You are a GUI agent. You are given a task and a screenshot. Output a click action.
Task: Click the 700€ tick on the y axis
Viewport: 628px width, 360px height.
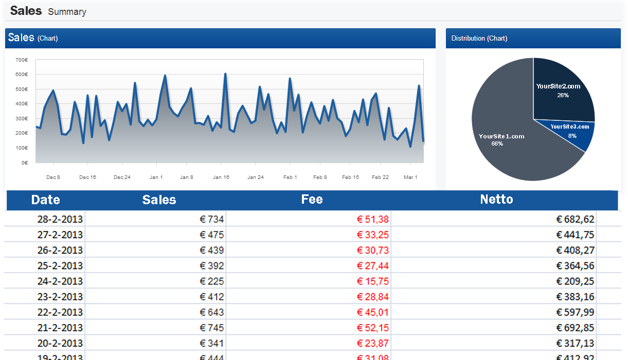point(22,60)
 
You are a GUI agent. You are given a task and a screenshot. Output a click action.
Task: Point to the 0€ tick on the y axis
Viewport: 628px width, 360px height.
point(25,163)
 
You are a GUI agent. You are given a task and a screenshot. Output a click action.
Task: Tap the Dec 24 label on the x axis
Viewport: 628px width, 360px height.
point(122,177)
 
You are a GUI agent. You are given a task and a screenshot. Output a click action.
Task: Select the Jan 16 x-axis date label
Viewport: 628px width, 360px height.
point(221,177)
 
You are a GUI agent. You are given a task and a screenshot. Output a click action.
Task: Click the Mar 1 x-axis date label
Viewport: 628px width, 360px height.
point(410,177)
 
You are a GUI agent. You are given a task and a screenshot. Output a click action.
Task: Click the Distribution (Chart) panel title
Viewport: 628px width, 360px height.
point(479,39)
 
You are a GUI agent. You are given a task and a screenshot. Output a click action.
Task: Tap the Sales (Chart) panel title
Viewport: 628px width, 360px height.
point(33,38)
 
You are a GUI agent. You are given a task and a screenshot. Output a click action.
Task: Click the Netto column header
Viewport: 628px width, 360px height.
point(496,200)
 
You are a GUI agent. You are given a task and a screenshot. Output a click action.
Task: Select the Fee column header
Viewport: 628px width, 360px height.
point(312,200)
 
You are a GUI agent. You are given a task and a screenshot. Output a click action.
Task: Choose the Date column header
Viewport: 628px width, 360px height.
point(45,200)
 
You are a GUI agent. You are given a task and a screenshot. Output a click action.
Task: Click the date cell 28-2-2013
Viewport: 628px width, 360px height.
point(60,220)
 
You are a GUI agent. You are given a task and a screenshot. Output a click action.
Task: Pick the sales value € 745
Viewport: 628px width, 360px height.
point(211,328)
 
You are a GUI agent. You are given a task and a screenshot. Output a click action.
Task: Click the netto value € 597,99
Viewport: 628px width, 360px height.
point(575,312)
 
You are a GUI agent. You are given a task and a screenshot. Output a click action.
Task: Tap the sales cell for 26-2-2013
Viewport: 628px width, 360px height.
point(211,250)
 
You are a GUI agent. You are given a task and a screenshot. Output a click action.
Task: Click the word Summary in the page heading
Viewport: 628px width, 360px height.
point(67,12)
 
